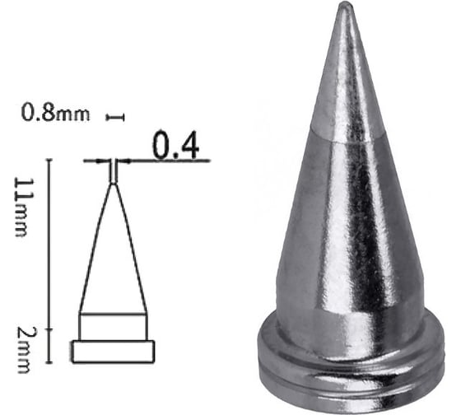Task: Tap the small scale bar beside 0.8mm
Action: click(115, 119)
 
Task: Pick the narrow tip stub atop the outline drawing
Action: click(113, 171)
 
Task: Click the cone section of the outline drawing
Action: click(113, 255)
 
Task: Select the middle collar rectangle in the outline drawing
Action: click(113, 327)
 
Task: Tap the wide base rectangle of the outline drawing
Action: click(113, 352)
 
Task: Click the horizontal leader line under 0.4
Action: click(165, 161)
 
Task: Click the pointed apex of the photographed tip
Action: click(346, 7)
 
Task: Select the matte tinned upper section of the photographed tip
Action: click(347, 82)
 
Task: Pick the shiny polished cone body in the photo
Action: click(350, 222)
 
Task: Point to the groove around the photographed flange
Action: click(350, 380)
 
